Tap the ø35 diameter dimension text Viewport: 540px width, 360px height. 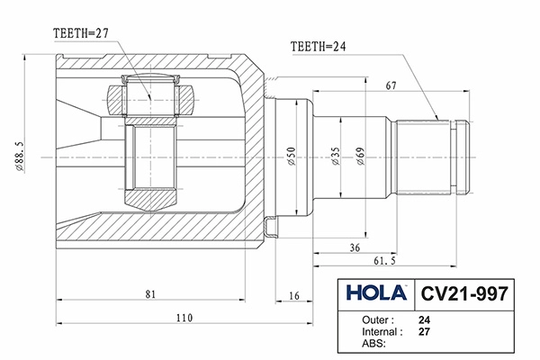point(335,158)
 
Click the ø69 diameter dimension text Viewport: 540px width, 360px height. point(360,158)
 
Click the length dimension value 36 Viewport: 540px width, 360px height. point(355,247)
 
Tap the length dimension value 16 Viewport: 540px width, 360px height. point(294,293)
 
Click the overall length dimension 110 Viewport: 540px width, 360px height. point(184,318)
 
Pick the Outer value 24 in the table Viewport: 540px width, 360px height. point(424,319)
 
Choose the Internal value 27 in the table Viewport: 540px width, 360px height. point(424,331)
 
